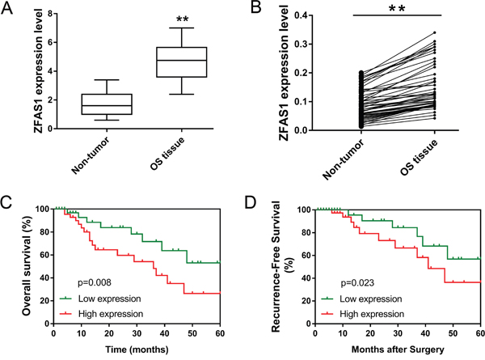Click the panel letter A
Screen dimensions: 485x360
pos(7,8)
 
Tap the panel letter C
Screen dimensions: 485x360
pos(6,203)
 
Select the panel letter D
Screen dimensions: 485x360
pos(251,203)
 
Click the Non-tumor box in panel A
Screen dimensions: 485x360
pos(107,104)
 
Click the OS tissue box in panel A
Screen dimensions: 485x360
pos(182,62)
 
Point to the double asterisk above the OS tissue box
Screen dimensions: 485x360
pos(182,19)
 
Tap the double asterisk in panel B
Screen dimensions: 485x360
pos(397,9)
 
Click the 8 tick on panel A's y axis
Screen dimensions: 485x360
pos(50,14)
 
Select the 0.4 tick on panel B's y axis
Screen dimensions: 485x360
pos(303,15)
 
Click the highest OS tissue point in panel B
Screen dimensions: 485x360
pos(435,32)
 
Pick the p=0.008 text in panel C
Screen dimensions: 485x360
pos(94,282)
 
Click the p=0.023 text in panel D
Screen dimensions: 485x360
pos(357,283)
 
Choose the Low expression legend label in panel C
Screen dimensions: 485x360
pos(109,299)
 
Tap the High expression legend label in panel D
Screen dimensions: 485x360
pos(372,314)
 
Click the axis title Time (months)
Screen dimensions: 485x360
pos(137,349)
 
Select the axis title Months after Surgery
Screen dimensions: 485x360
pos(398,349)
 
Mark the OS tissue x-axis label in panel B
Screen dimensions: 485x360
pos(419,157)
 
